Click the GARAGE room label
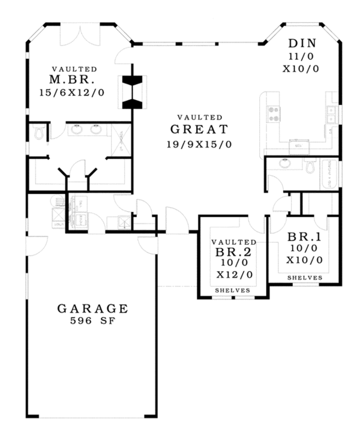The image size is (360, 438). click(x=92, y=308)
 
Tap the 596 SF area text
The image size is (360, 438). click(x=92, y=321)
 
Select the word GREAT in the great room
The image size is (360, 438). click(x=199, y=129)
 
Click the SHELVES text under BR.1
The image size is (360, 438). click(x=304, y=278)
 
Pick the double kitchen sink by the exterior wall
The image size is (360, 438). click(x=331, y=112)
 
